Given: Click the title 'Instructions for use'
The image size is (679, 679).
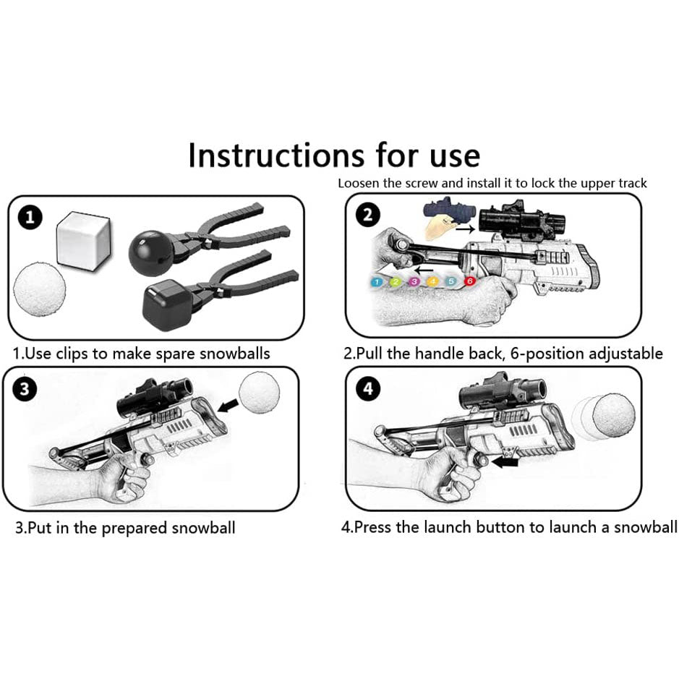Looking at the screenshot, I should tap(334, 155).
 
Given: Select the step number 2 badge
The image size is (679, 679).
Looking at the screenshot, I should tap(368, 215).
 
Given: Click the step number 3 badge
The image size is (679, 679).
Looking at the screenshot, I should tap(27, 389).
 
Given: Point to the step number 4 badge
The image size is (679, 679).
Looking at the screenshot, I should tap(369, 389).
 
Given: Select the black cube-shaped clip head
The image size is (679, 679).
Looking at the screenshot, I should tap(166, 304).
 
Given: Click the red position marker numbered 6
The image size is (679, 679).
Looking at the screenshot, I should tap(470, 281).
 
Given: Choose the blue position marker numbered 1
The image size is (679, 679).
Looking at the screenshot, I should tap(377, 281).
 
